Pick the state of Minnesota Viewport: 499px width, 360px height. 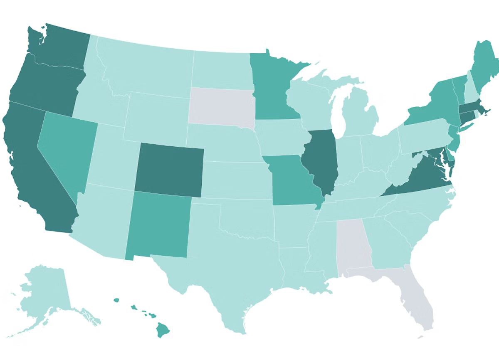click(272, 87)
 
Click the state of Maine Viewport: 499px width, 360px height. click(484, 67)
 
